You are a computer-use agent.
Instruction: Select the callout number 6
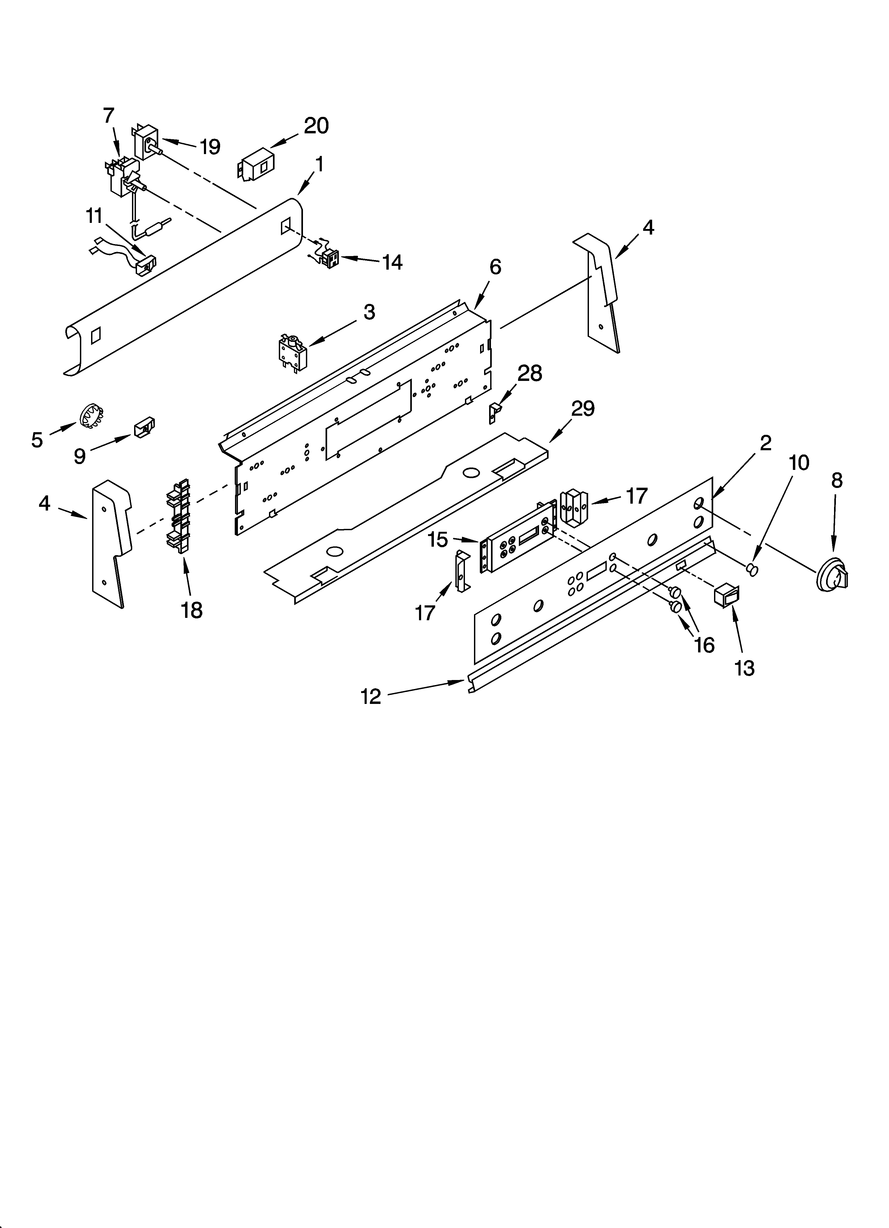[495, 267]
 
